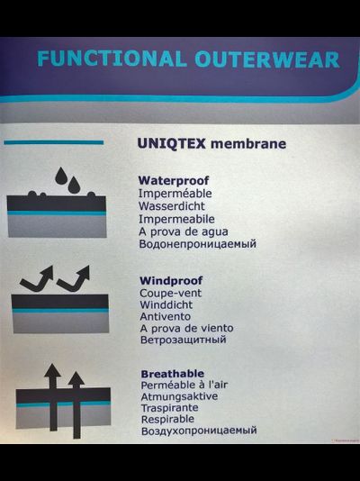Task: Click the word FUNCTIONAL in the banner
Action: (112, 59)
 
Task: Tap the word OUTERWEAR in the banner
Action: (267, 59)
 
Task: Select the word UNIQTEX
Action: (172, 143)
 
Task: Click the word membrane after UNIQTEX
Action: (248, 143)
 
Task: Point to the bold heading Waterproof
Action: (174, 181)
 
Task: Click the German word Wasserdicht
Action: (172, 206)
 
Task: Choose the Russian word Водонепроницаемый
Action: (198, 244)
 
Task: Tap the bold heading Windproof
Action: (171, 280)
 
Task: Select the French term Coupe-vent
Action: (171, 293)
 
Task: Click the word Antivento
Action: (166, 316)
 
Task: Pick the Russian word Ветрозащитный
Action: (184, 340)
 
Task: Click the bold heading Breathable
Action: (173, 374)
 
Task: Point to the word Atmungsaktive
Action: (179, 396)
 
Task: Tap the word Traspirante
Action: (170, 408)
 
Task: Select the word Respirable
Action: (168, 419)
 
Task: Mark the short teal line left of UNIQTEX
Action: (54, 142)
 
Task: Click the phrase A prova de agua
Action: (184, 231)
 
